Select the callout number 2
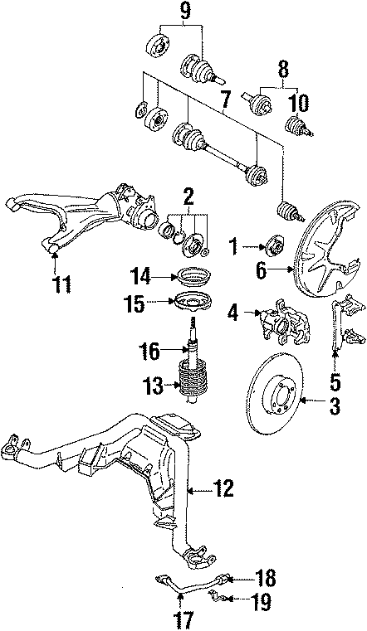(x=188, y=197)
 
